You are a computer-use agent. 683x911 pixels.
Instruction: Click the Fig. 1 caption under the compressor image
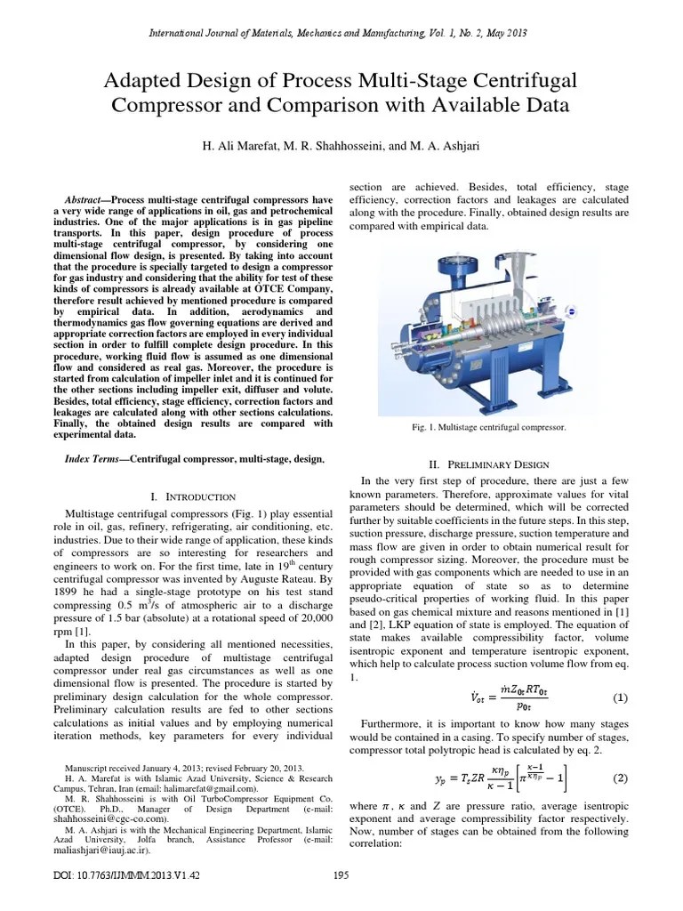click(x=488, y=428)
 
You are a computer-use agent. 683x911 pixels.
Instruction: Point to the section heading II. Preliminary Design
click(x=488, y=465)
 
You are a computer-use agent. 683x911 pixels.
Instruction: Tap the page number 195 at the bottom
click(x=341, y=875)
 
